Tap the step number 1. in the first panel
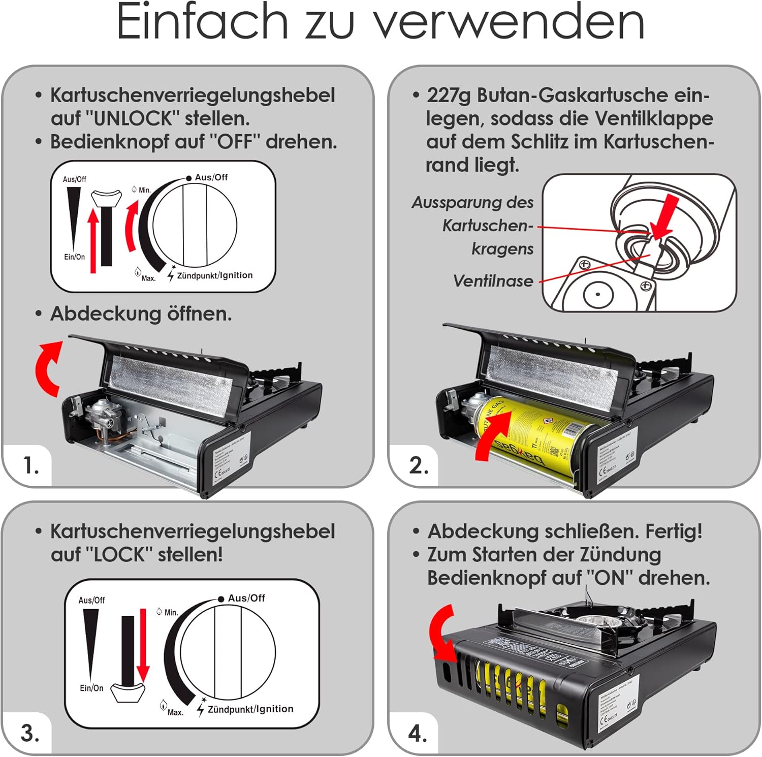click(31, 465)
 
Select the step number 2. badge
click(419, 465)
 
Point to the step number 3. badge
click(30, 733)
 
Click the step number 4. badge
click(418, 733)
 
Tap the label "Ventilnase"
click(493, 281)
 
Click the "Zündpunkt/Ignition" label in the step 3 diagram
click(250, 709)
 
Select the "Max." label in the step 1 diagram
click(148, 278)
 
